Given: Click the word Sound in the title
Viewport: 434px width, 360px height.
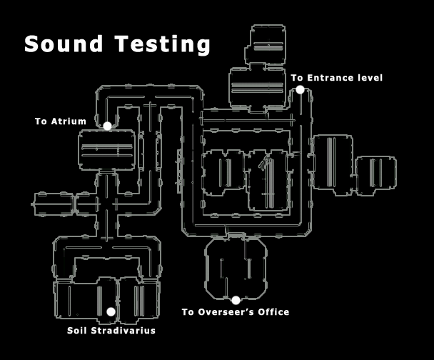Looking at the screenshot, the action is click(x=62, y=44).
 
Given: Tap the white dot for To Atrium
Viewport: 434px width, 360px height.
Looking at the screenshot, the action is click(x=107, y=126).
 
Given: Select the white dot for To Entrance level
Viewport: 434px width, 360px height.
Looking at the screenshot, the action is click(x=300, y=89).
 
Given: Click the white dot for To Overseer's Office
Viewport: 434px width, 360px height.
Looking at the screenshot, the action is click(x=236, y=300).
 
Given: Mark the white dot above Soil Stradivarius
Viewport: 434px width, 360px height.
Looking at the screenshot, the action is click(x=111, y=312).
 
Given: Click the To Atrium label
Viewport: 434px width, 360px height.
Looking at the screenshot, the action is click(x=60, y=121).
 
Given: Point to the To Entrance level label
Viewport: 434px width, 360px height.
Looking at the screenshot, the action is click(x=337, y=77).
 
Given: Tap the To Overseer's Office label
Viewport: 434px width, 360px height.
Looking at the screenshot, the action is click(x=235, y=312).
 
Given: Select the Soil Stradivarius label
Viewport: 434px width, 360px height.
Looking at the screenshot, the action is click(x=111, y=331).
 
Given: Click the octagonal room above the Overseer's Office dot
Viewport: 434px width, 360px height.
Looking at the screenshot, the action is click(x=236, y=268).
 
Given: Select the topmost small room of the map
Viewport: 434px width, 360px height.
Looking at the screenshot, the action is click(x=268, y=45).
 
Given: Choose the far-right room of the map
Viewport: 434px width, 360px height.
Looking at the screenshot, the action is click(x=376, y=176).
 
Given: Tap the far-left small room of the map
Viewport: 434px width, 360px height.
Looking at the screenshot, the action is click(x=51, y=204).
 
